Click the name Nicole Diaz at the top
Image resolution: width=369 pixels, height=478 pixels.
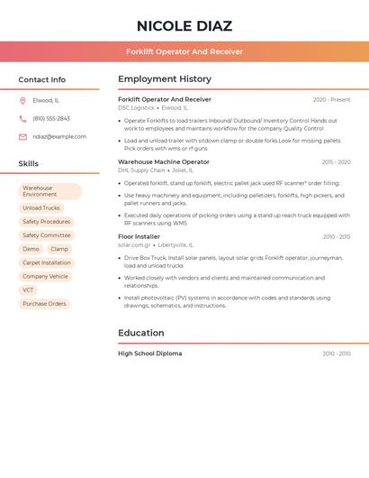coord(184,26)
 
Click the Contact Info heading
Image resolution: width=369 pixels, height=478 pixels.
coord(42,79)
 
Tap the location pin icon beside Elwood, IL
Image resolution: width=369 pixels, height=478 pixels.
coord(22,100)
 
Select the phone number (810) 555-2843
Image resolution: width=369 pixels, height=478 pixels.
coord(51,118)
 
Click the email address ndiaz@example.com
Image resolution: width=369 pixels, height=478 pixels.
coord(59,137)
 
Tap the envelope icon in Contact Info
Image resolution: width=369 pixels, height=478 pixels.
coord(22,137)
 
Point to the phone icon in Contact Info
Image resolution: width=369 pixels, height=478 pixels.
coord(22,118)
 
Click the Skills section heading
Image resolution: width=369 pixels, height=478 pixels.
coord(29,164)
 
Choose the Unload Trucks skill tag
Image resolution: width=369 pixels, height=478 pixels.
coord(41,208)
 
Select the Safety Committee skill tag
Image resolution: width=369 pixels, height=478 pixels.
coord(47,235)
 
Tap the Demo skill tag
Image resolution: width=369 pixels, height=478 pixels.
coord(31,249)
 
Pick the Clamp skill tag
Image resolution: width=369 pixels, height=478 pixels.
coord(59,249)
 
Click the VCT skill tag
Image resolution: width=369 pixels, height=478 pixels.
coord(29,290)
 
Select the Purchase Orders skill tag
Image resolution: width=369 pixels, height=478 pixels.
coord(45,304)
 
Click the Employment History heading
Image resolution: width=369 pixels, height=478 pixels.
coord(165,79)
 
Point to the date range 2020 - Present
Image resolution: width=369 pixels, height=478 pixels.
coord(331,100)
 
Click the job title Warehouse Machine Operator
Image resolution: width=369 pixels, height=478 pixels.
coord(164,162)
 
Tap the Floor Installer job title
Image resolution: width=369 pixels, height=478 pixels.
coord(139,236)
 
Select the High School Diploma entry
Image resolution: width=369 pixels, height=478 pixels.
coord(149,354)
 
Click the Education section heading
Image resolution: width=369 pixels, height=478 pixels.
coord(140,333)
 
